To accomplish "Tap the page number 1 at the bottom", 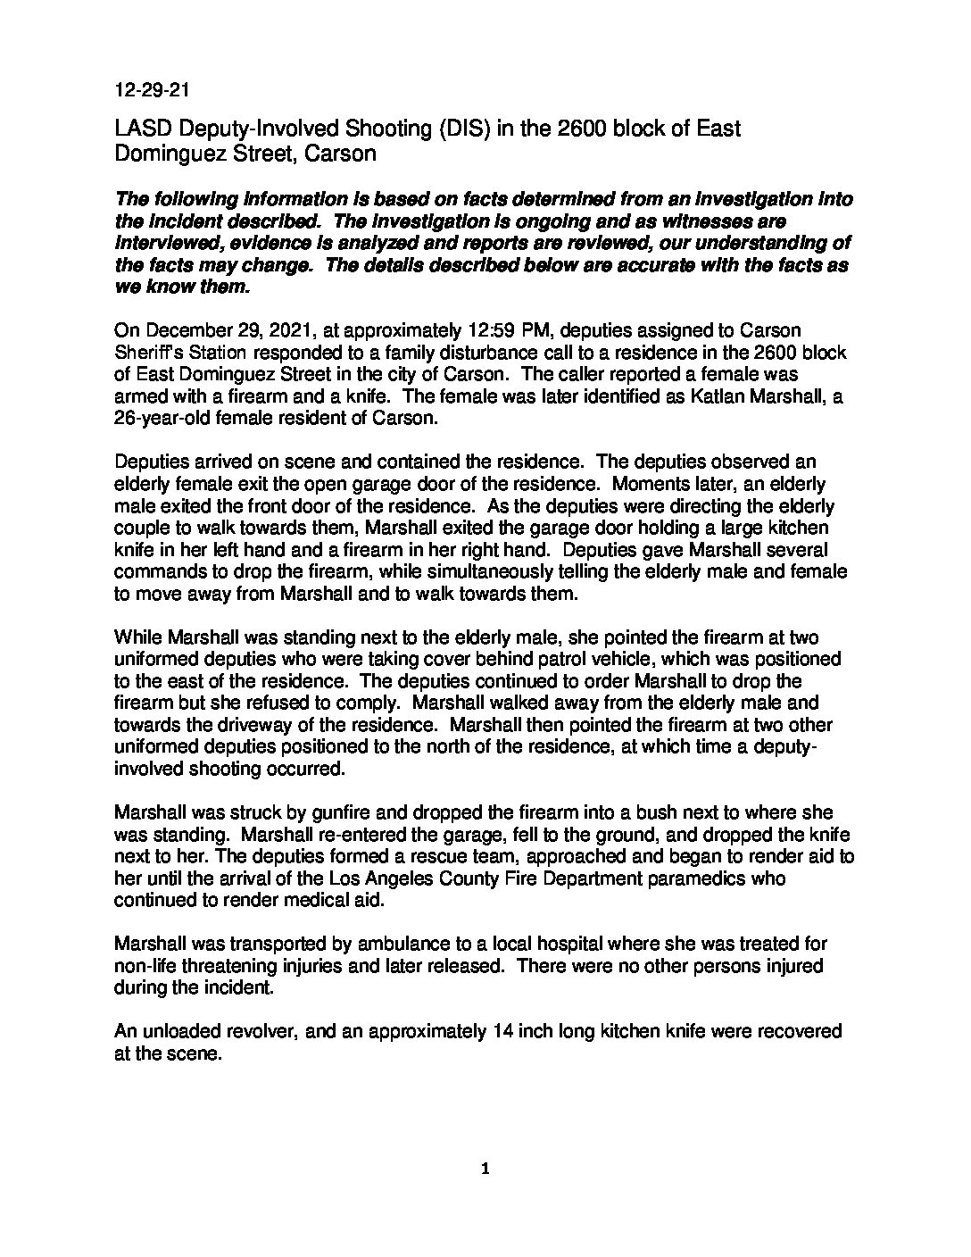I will (x=485, y=1169).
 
